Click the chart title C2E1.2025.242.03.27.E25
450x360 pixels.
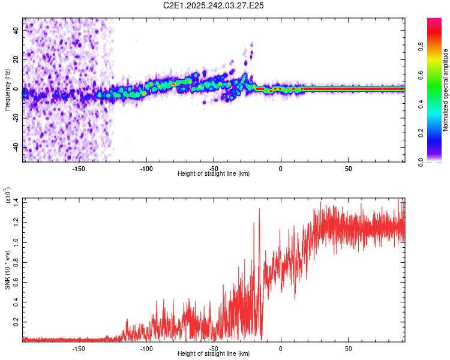coord(214,5)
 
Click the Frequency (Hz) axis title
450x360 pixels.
coord(7,90)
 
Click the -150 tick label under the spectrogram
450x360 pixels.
coord(78,169)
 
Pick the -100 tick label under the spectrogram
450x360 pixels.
coord(146,169)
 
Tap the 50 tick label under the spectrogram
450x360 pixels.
coord(348,169)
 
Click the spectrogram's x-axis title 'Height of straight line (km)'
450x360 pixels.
coord(214,174)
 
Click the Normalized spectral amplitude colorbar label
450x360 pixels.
coord(445,90)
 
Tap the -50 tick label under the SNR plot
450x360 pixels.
coord(214,348)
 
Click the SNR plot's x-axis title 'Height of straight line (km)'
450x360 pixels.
coord(214,354)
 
